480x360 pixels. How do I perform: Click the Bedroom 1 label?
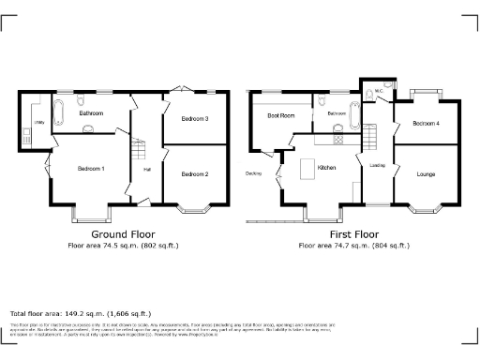(x=91, y=168)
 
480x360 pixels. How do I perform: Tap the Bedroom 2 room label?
(x=194, y=174)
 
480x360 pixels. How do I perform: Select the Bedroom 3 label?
(x=194, y=119)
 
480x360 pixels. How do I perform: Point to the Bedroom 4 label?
(x=426, y=124)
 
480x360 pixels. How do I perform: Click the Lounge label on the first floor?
(x=426, y=174)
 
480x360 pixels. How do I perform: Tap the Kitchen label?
(x=326, y=168)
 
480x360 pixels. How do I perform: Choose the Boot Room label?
(x=280, y=116)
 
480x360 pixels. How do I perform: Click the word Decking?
(x=253, y=173)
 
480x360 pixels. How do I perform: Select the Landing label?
(x=378, y=167)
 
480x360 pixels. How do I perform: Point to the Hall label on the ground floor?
(x=147, y=170)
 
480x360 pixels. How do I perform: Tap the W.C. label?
(x=377, y=90)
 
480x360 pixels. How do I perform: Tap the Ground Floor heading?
(x=123, y=234)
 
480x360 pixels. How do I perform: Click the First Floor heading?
(x=353, y=234)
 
